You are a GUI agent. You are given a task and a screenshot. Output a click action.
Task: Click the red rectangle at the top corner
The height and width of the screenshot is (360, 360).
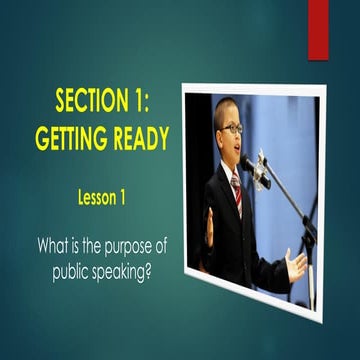[318, 28]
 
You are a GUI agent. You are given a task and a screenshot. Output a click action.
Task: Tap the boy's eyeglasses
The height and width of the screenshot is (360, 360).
[229, 129]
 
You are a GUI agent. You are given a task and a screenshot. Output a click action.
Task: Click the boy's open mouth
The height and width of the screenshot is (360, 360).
[235, 150]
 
